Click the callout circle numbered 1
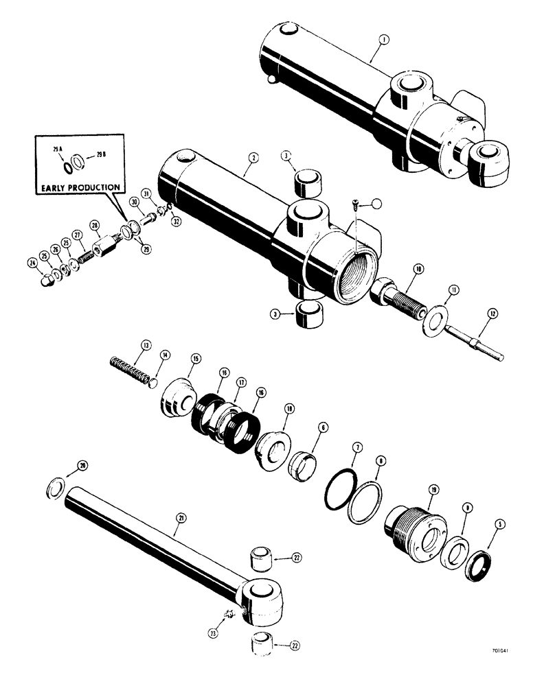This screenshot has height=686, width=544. pyautogui.click(x=383, y=40)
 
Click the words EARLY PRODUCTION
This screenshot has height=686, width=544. pyautogui.click(x=81, y=187)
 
